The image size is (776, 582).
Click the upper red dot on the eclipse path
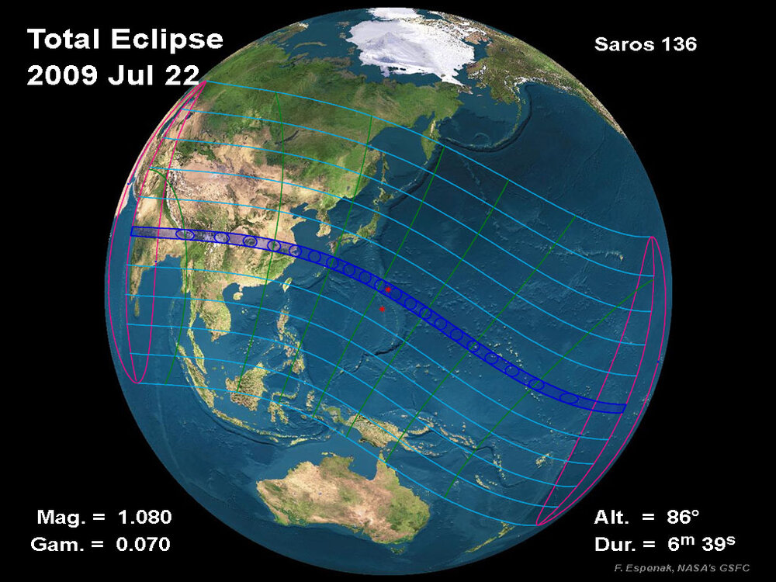pyautogui.click(x=388, y=289)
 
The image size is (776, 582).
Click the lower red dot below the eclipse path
pyautogui.click(x=382, y=309)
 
